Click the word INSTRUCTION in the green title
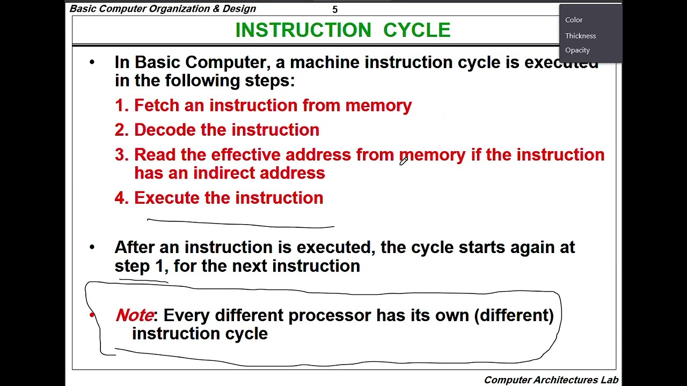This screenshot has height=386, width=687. point(303,30)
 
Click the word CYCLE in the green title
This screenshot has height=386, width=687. point(417,30)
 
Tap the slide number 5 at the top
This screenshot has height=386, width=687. point(335,10)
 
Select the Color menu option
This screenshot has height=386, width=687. point(574,20)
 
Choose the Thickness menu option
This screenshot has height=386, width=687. point(580,36)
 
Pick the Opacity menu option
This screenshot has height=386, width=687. point(577,50)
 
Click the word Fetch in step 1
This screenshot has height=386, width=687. point(157,106)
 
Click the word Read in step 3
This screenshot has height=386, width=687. point(155,154)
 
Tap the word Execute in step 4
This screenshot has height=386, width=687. point(167,198)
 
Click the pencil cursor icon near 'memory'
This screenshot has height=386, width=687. point(404,161)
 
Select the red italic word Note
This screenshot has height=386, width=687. point(134,315)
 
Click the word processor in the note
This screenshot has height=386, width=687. point(330,316)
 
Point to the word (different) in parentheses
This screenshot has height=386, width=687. point(514,315)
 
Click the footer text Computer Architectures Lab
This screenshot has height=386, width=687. point(551,380)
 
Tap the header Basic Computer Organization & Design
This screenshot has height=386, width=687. point(163,9)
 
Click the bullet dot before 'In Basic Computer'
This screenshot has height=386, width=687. point(92,63)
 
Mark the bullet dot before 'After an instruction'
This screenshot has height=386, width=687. point(92,247)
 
